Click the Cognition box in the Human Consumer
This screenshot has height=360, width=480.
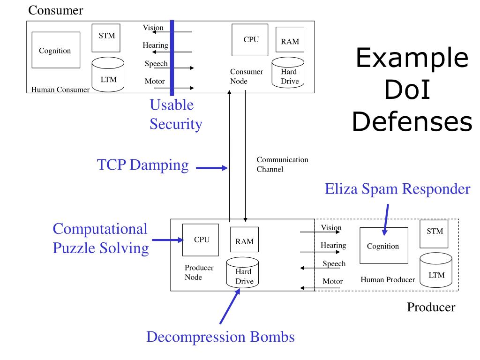click(x=55, y=50)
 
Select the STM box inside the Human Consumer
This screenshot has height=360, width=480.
click(x=106, y=37)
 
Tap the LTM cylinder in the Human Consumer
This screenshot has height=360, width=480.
click(x=108, y=74)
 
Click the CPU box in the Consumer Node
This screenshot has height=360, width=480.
click(x=251, y=40)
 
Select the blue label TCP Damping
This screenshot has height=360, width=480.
click(x=142, y=165)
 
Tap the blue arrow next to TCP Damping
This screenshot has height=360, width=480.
click(x=210, y=167)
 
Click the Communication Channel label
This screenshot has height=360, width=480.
click(x=282, y=164)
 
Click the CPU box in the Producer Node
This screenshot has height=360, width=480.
click(x=201, y=240)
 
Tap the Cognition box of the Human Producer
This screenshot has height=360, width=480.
click(x=383, y=246)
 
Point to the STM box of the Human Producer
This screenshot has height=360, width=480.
click(x=435, y=233)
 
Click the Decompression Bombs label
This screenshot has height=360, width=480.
click(x=220, y=337)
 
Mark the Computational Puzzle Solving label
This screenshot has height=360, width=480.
click(x=100, y=238)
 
